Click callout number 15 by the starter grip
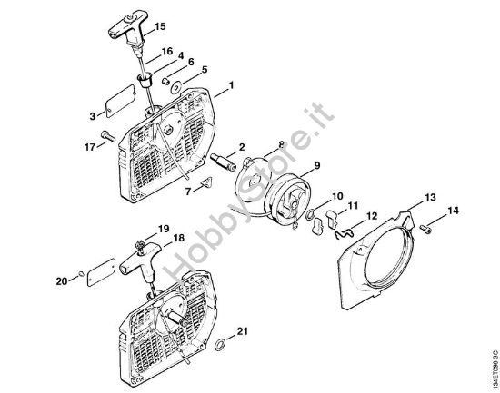(161, 25)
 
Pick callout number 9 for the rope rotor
(318, 165)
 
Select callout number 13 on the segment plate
(431, 197)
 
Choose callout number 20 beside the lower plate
(61, 281)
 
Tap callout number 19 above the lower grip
(164, 228)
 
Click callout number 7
(188, 192)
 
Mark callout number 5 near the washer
(204, 69)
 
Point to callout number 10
(336, 196)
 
